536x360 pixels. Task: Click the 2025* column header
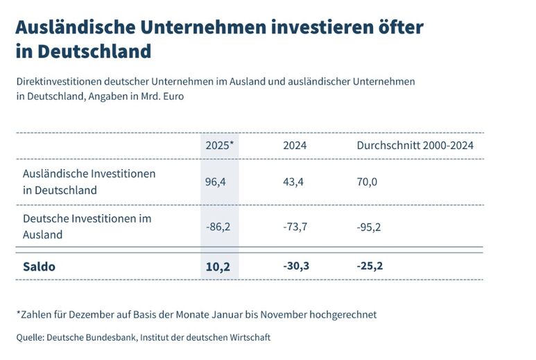pyautogui.click(x=219, y=146)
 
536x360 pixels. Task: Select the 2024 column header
pyautogui.click(x=295, y=146)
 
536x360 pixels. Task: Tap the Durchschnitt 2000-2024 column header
pyautogui.click(x=415, y=146)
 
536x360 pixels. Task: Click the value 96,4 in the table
pyautogui.click(x=216, y=182)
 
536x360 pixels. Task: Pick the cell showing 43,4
pyautogui.click(x=294, y=182)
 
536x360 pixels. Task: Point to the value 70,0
pyautogui.click(x=368, y=182)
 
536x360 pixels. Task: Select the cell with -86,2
pyautogui.click(x=218, y=226)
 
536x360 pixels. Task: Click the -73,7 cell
pyautogui.click(x=296, y=226)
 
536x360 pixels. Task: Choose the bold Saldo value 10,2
pyautogui.click(x=217, y=266)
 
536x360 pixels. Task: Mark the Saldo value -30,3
pyautogui.click(x=297, y=266)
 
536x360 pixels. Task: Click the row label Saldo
pyautogui.click(x=39, y=266)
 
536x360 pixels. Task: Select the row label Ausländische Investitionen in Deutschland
pyautogui.click(x=89, y=182)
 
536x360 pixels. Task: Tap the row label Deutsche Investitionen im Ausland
pyautogui.click(x=87, y=226)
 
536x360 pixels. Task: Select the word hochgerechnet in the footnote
pyautogui.click(x=341, y=314)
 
